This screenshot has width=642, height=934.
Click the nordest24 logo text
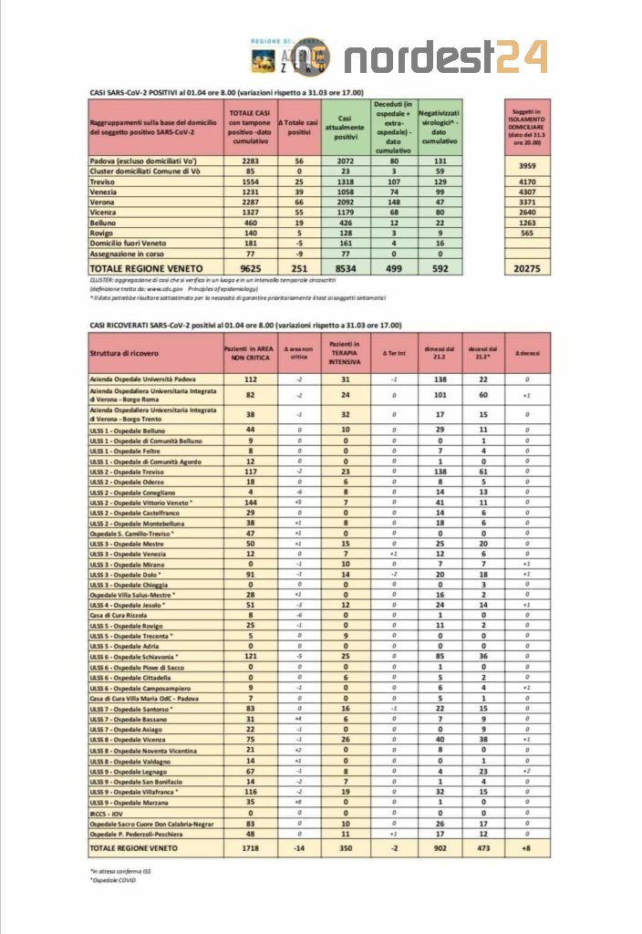coord(446,57)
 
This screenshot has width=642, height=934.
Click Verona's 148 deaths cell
coord(393,202)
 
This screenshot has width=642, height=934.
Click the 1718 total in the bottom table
coord(248,848)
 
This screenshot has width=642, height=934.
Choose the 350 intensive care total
coord(345,848)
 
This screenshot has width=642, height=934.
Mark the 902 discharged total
coord(440,848)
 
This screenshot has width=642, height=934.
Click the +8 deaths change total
coord(526,848)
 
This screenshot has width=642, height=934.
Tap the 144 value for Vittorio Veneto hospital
coord(248,503)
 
